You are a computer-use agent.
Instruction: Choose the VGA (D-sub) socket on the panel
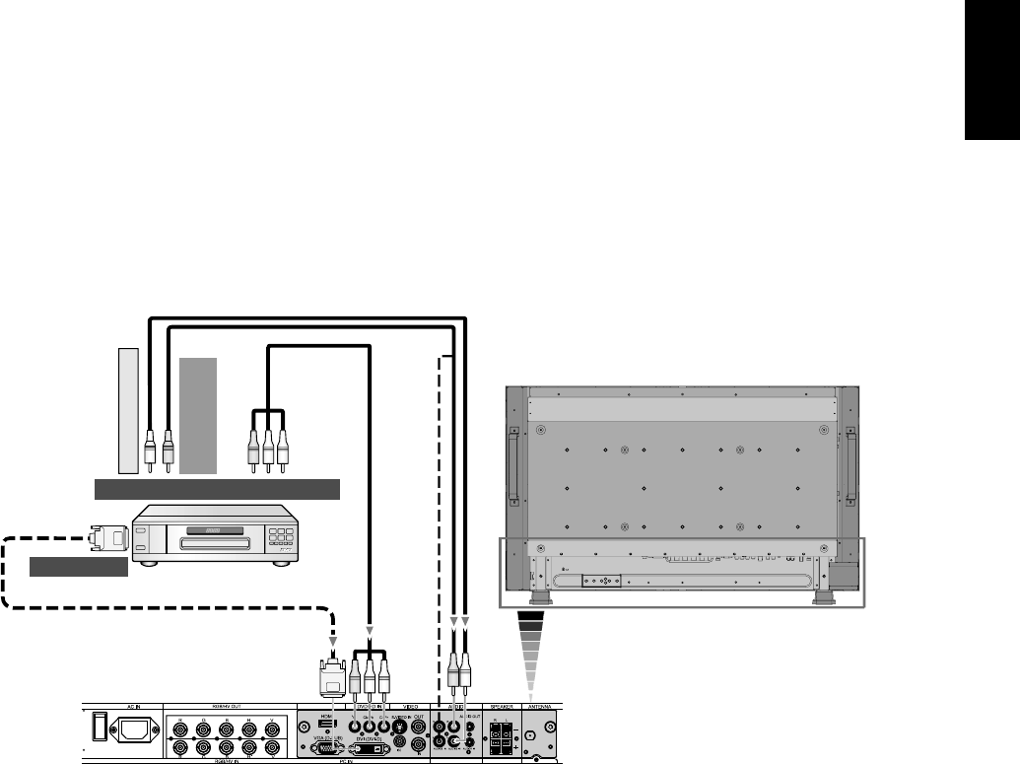click(x=324, y=748)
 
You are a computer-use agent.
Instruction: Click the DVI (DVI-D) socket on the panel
click(x=368, y=748)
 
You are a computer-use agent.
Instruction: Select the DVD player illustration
click(x=214, y=533)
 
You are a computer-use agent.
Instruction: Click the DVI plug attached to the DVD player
click(x=107, y=538)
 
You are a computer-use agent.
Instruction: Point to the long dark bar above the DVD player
click(x=216, y=488)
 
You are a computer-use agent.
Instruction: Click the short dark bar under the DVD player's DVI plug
click(x=78, y=567)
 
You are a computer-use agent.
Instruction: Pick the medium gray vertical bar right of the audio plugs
click(x=198, y=416)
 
